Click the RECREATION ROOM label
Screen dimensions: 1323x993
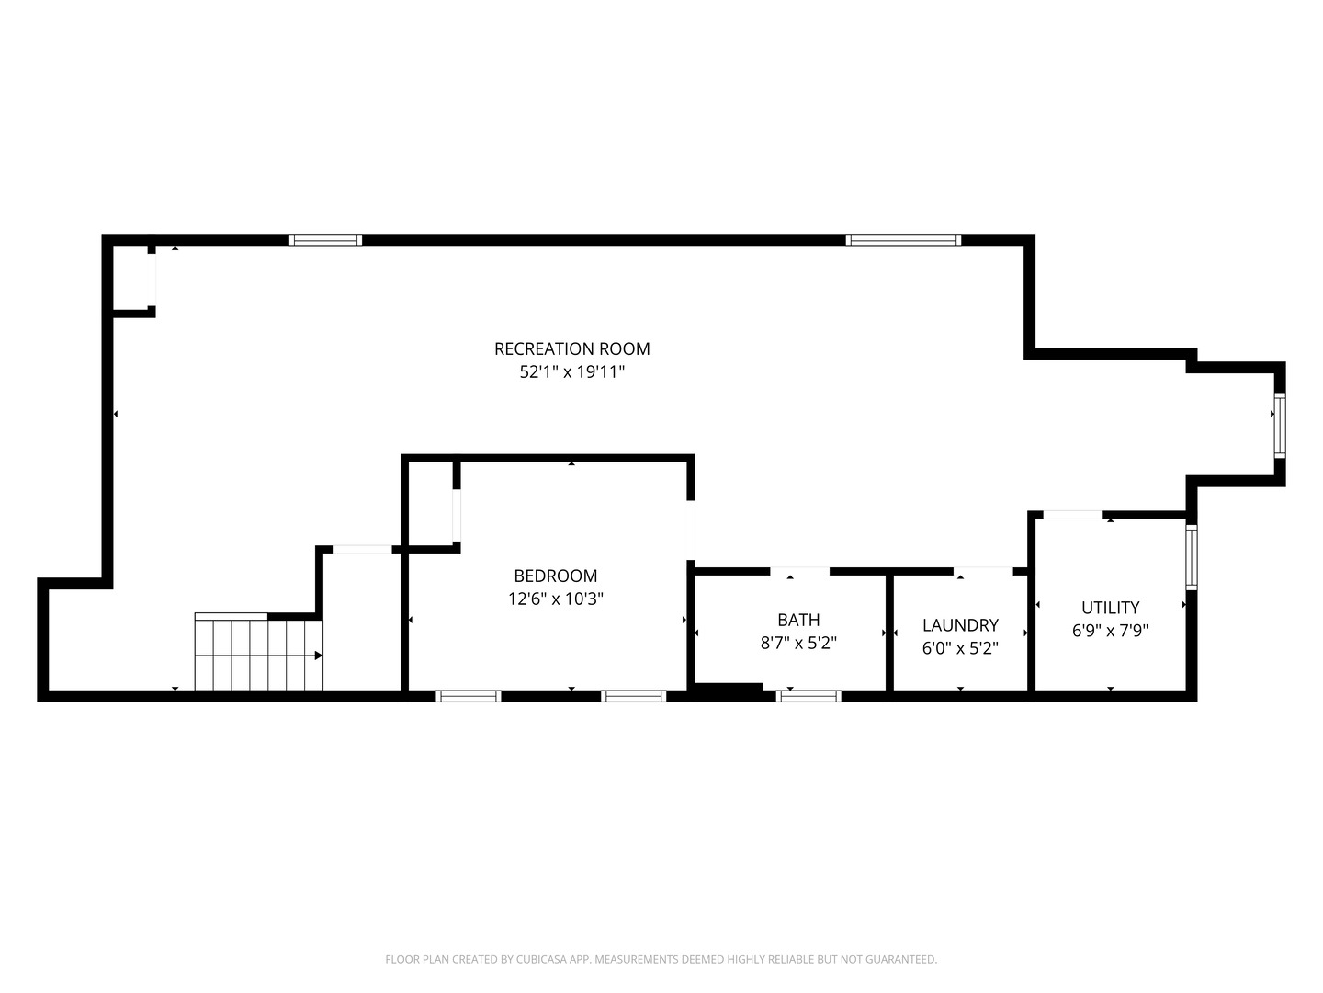tap(571, 348)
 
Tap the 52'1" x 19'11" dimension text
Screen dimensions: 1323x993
tap(571, 371)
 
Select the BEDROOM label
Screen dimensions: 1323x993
tap(555, 576)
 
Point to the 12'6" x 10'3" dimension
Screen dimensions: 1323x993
tap(555, 598)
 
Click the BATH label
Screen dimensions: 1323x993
tap(798, 619)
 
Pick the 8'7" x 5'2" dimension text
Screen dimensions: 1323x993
tap(798, 642)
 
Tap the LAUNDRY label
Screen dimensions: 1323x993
tap(960, 624)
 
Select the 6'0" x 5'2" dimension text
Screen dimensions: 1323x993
tap(960, 647)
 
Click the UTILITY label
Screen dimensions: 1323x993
tap(1110, 607)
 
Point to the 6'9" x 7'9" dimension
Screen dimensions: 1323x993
tap(1110, 630)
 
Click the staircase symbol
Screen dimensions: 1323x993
tap(258, 651)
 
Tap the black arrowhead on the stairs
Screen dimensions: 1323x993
tap(318, 656)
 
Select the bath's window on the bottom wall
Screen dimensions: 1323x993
tap(808, 696)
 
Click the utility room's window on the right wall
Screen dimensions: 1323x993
tap(1192, 557)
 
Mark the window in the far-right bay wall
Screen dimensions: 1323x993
tap(1280, 426)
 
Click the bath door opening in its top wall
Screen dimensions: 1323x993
tap(799, 570)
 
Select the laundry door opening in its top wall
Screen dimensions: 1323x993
tap(982, 570)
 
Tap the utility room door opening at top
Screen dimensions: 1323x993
tap(1073, 514)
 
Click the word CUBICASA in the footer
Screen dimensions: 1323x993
tap(540, 959)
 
